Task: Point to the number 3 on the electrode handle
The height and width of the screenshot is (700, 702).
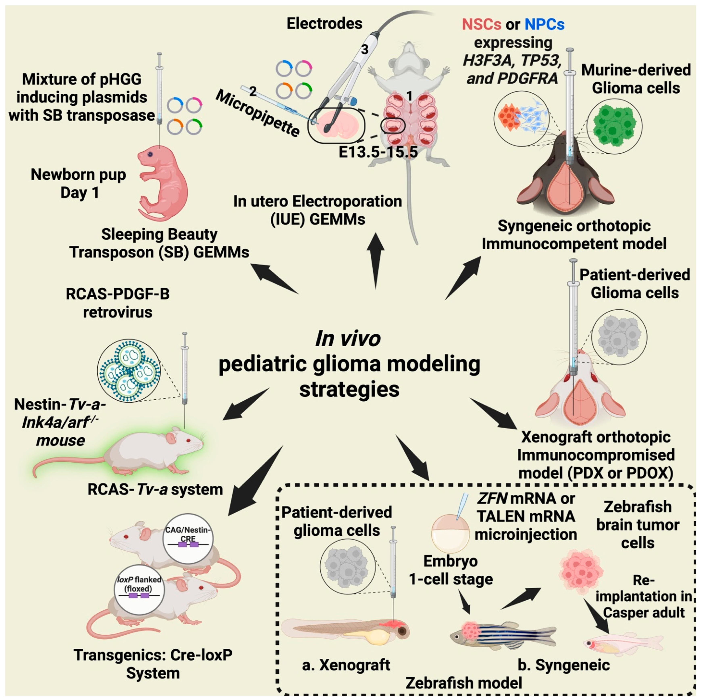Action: point(364,49)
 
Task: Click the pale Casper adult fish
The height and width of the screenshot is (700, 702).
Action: point(623,644)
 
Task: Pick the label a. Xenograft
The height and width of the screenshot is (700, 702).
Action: point(346,665)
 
